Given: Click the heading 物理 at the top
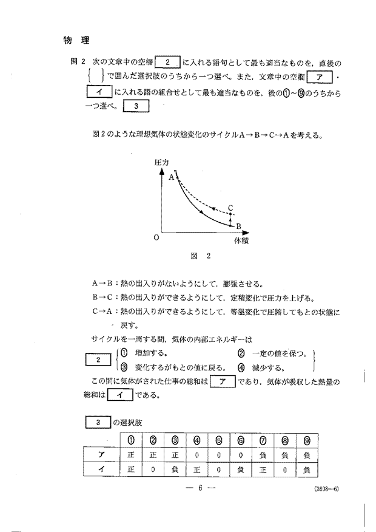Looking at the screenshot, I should [76, 41].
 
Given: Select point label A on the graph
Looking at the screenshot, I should [171, 177].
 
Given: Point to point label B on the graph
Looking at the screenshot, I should [238, 226].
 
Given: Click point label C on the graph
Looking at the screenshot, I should [230, 208].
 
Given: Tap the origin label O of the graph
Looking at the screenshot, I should [156, 237].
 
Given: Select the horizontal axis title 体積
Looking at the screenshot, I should [241, 240].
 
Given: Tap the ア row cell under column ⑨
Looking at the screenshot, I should [306, 453].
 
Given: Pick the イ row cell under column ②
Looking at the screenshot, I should [153, 468].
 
